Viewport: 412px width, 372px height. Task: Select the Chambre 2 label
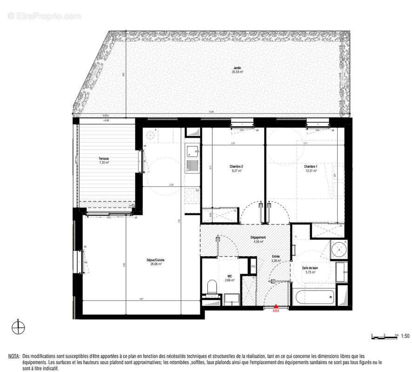tap(236, 166)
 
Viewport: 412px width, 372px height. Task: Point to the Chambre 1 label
tap(311, 166)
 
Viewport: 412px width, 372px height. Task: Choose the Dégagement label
tap(258, 237)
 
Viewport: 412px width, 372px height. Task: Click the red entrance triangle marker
tap(275, 306)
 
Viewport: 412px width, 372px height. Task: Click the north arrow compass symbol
tap(18, 328)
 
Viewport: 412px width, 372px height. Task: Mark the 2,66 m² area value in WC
tap(230, 280)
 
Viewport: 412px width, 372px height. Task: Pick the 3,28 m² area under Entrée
tap(276, 261)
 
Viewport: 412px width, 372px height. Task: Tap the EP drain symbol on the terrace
tap(134, 205)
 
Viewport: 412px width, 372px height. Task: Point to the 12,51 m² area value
tap(311, 171)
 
